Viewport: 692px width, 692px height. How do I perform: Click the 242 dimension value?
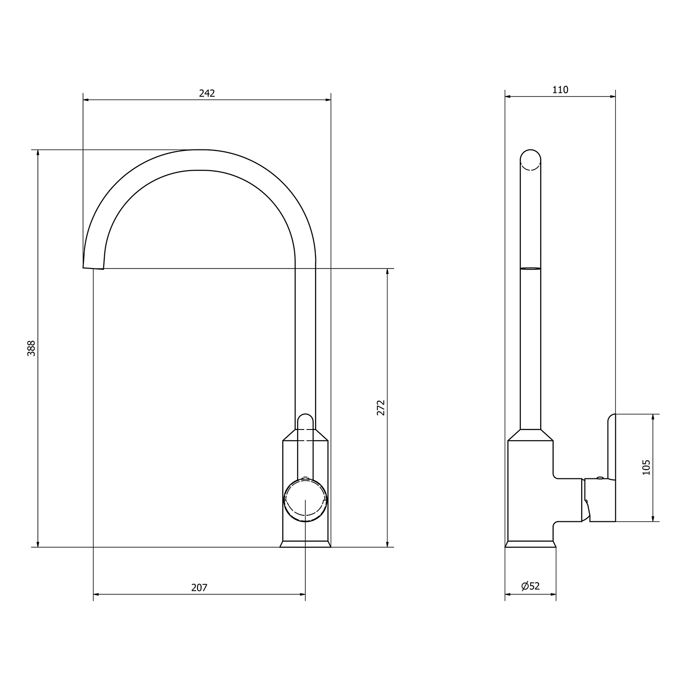tap(207, 93)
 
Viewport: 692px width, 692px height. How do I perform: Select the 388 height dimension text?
tap(31, 348)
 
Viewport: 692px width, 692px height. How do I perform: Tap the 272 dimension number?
tap(381, 408)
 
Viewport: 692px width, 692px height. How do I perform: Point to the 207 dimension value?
tap(199, 587)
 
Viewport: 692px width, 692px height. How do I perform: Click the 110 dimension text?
tap(560, 90)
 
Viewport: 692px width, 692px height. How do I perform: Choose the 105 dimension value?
tap(646, 467)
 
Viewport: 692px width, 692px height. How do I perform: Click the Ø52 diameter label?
tap(530, 586)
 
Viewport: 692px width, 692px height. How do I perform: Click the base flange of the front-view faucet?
tap(305, 544)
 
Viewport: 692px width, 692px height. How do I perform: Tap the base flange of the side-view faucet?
tap(530, 544)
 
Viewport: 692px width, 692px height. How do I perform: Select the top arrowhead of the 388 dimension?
tap(38, 153)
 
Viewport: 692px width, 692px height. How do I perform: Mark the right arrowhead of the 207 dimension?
tap(302, 594)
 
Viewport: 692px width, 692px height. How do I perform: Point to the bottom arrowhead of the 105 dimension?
tap(653, 518)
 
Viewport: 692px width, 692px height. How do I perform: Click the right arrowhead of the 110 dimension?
tap(612, 96)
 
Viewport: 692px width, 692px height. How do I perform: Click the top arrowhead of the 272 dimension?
tap(387, 272)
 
